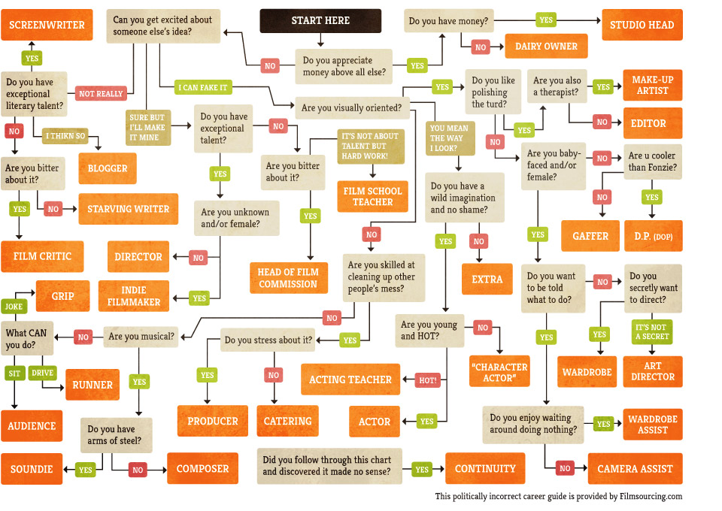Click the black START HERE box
pyautogui.click(x=320, y=21)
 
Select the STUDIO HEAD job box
pyautogui.click(x=642, y=25)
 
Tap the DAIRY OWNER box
pyautogui.click(x=546, y=47)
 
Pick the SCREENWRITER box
pyautogui.click(x=47, y=25)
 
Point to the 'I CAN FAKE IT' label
pyautogui.click(x=202, y=87)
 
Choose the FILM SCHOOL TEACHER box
pyautogui.click(x=372, y=195)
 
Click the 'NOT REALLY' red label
pyautogui.click(x=99, y=94)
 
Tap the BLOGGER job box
pyautogui.click(x=108, y=168)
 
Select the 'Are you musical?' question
pyautogui.click(x=141, y=336)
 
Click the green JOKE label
pyautogui.click(x=14, y=307)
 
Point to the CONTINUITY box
pyautogui.click(x=485, y=469)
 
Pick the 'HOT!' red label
pyautogui.click(x=428, y=380)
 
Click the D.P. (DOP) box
pyautogui.click(x=653, y=236)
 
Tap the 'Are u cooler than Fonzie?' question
pyautogui.click(x=653, y=162)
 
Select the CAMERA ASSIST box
pyautogui.click(x=635, y=469)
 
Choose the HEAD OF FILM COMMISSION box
pyautogui.click(x=288, y=278)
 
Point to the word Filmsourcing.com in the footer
pyautogui.click(x=651, y=496)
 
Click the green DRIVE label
pyautogui.click(x=42, y=373)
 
